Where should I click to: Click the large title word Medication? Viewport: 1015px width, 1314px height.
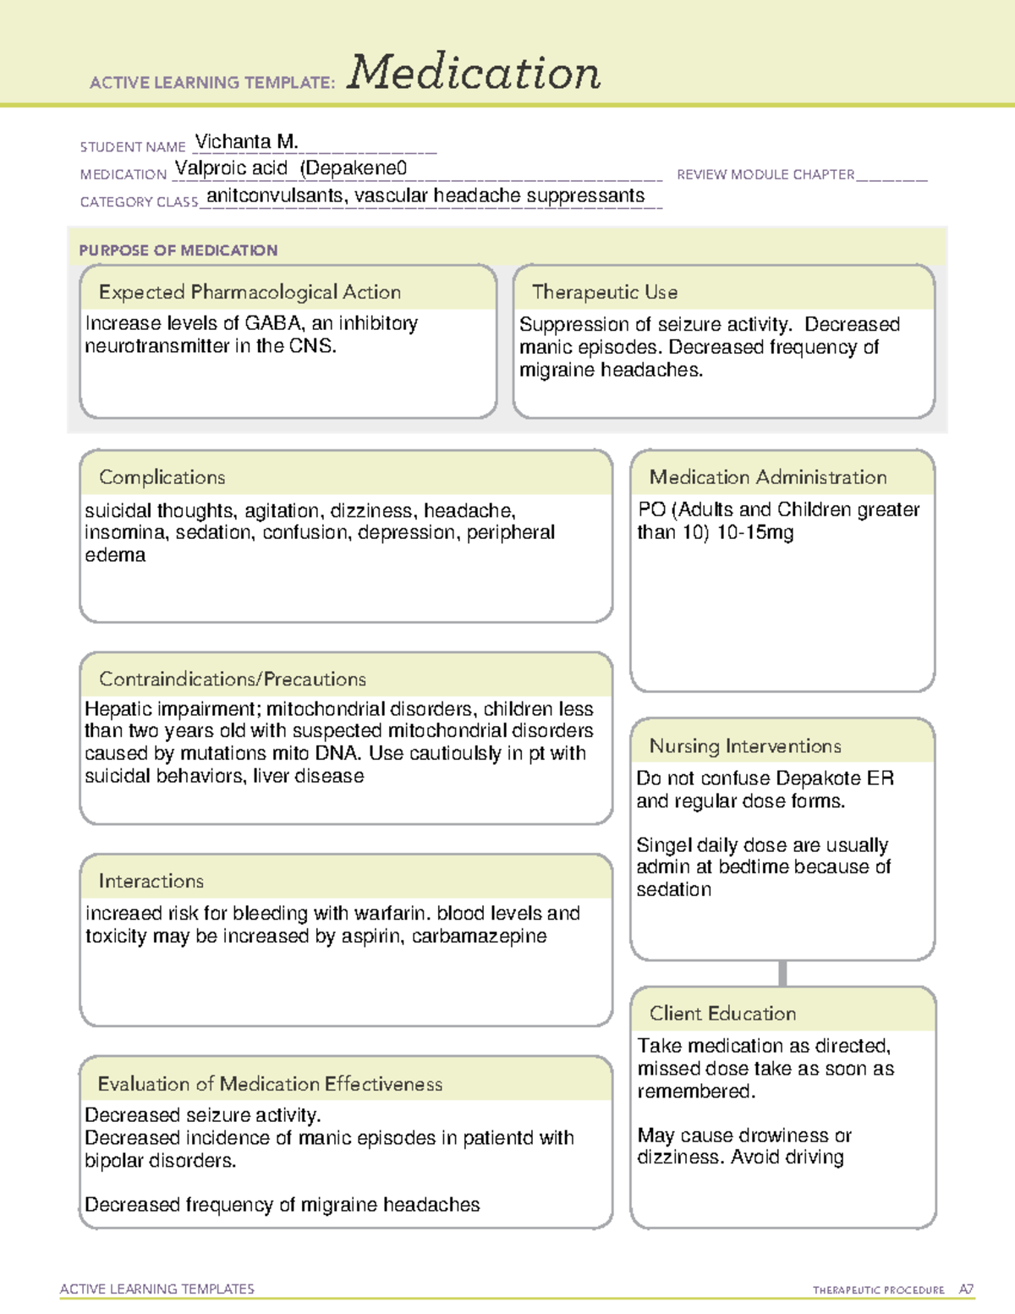473,73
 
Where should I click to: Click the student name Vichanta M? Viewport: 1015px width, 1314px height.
246,141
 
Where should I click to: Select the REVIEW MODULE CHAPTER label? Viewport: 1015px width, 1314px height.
765,174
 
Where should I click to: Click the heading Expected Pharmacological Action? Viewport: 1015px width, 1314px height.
250,292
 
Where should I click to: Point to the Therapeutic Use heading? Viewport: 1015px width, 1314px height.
605,292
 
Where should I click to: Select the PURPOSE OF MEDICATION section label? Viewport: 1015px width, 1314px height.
178,250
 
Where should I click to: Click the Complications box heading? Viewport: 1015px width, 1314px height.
162,477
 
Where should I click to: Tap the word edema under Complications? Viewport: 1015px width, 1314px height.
115,555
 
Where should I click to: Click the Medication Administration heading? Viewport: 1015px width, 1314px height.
768,477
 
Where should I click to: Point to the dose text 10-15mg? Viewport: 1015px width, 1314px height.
755,533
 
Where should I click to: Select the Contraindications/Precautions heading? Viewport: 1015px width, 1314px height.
233,679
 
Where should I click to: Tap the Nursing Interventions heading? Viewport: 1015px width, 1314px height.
745,746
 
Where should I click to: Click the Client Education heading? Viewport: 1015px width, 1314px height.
722,1014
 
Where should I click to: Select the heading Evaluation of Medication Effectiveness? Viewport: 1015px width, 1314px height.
270,1084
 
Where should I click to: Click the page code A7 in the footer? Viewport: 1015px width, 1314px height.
966,1289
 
